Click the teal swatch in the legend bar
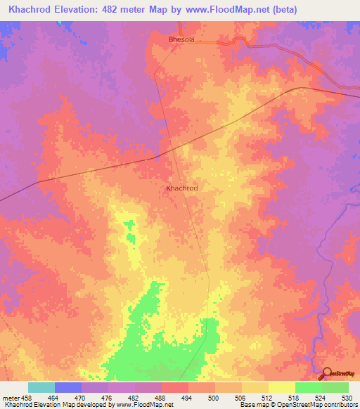(41, 387)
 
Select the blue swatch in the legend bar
(68, 387)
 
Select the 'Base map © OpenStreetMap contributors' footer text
(297, 405)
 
